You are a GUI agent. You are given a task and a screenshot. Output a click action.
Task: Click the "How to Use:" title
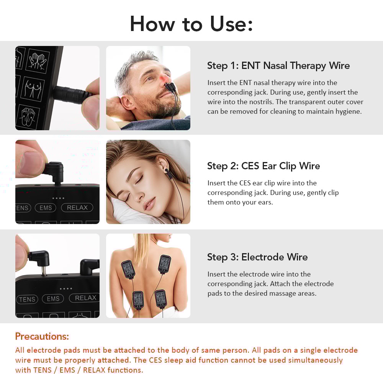[191, 24]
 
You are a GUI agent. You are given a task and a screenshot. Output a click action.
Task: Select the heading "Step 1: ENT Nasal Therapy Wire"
[278, 65]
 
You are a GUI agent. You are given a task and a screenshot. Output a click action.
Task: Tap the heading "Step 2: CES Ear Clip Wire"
[263, 166]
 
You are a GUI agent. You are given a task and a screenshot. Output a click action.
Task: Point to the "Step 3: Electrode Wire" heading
[257, 257]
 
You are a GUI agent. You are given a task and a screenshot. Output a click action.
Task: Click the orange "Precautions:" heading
[42, 336]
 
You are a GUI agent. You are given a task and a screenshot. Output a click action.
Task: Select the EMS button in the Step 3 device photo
[53, 299]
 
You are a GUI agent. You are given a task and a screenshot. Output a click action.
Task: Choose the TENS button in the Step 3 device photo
[27, 300]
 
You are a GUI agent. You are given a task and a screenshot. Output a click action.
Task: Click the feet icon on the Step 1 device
[31, 116]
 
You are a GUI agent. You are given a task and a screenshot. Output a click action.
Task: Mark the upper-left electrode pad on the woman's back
[128, 269]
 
